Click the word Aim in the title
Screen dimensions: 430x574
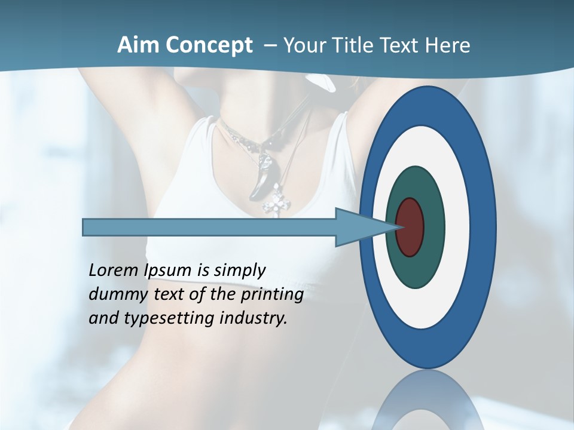pyautogui.click(x=132, y=45)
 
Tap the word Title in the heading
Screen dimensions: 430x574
pyautogui.click(x=355, y=45)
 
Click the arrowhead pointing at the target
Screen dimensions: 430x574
pyautogui.click(x=365, y=227)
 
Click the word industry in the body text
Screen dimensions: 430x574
pyautogui.click(x=254, y=318)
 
